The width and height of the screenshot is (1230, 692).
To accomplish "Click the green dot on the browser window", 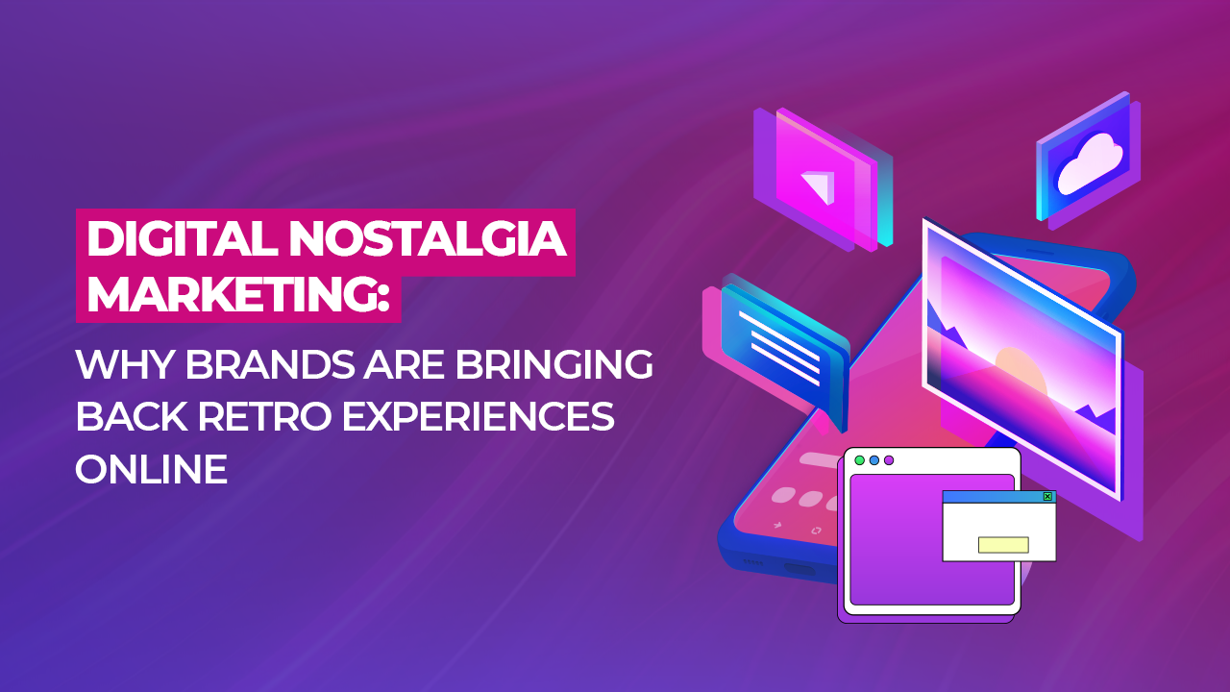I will click(859, 460).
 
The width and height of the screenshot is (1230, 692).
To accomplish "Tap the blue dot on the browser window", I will click(874, 460).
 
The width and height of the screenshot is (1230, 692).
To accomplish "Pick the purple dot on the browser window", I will click(889, 460).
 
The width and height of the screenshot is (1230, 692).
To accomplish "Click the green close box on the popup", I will click(1047, 497).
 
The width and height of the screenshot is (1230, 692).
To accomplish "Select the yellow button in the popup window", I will click(1003, 545).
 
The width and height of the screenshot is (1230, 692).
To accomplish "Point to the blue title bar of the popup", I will click(990, 497).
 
